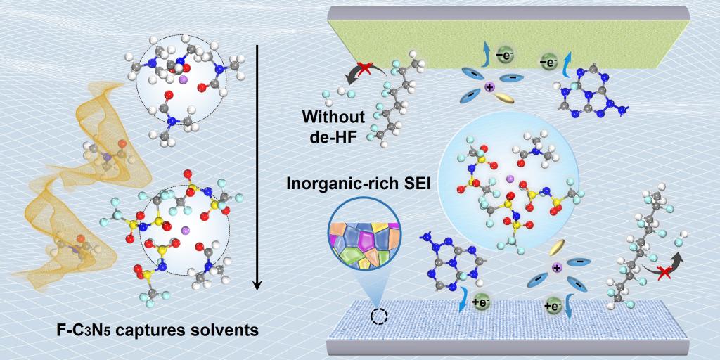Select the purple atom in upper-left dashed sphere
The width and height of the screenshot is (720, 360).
[x=183, y=82]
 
